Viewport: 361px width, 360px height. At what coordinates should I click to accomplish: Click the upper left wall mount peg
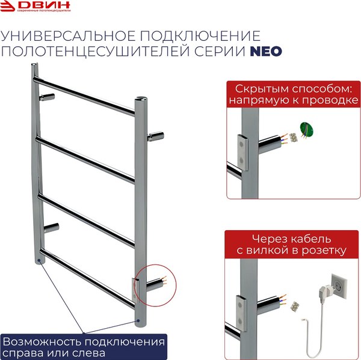click(48, 96)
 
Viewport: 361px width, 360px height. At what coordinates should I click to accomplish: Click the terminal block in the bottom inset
click(295, 305)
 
